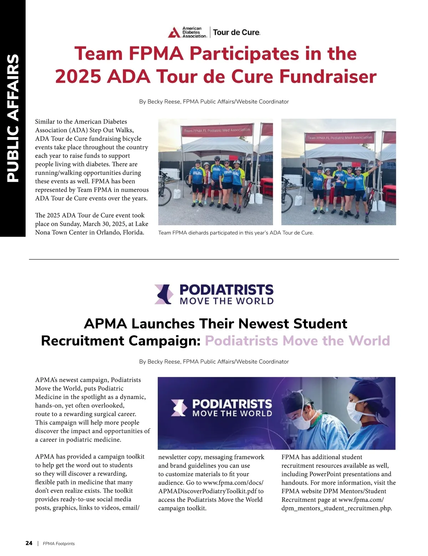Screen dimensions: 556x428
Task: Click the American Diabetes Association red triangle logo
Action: pos(174,32)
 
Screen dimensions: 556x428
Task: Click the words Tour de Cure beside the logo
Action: pos(236,32)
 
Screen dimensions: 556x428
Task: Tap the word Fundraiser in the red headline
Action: pos(327,76)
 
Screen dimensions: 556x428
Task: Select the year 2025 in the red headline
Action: pos(78,76)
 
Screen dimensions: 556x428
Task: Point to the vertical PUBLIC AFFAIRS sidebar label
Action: pos(13,118)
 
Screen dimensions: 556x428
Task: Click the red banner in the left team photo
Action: pos(217,130)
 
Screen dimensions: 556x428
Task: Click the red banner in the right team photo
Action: pos(340,137)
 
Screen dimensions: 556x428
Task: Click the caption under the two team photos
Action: pos(236,233)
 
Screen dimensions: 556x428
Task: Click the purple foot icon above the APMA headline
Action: pos(164,294)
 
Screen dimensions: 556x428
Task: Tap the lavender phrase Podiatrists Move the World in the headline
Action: pos(297,341)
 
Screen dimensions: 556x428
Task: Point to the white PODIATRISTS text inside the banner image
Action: pos(232,404)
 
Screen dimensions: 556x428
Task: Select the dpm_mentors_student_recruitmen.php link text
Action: pos(336,508)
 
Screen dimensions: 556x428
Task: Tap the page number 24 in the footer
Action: pos(29,543)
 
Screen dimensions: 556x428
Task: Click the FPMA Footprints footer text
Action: pos(59,544)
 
